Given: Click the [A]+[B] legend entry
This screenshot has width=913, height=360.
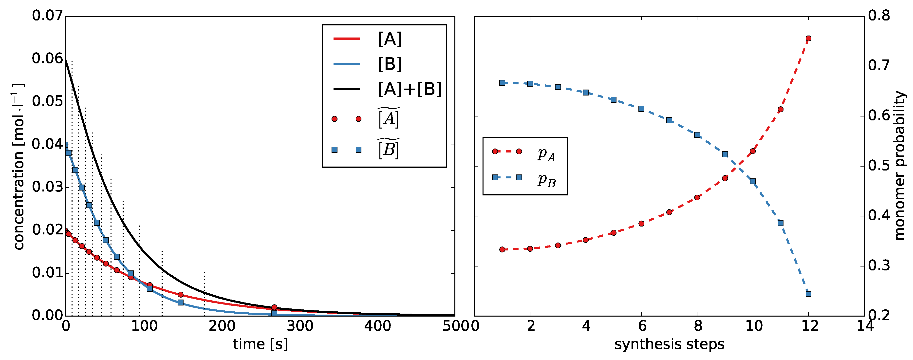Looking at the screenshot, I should (409, 89).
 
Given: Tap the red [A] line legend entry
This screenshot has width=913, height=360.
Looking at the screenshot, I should (390, 39).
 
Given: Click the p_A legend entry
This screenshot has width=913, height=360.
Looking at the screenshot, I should (546, 154).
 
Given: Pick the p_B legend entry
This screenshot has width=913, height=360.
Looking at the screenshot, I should (546, 180).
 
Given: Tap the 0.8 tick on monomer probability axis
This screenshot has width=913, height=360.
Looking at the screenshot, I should (879, 16).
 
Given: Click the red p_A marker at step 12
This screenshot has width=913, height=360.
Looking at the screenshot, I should (808, 38).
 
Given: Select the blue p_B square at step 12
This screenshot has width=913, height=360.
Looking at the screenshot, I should (808, 294).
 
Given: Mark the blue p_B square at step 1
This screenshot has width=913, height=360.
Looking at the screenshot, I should (502, 83).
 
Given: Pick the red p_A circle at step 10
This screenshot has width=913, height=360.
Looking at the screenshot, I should (753, 151).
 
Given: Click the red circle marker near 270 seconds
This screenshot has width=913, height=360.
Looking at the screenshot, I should (274, 307).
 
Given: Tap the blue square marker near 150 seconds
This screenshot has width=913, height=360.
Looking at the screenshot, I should (180, 303).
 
